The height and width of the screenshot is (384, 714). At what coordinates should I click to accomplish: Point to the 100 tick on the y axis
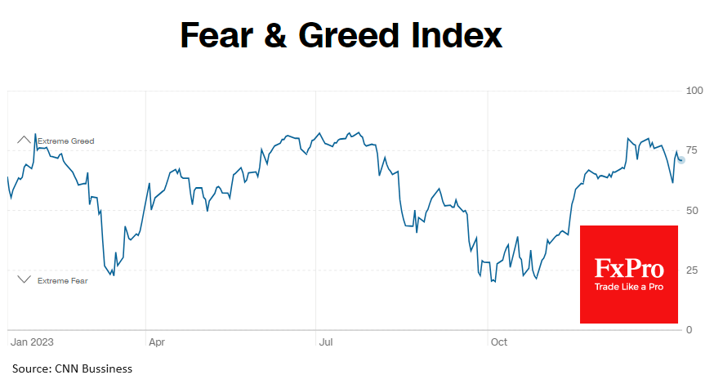pos(694,90)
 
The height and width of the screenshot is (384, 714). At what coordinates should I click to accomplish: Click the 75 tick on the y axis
pos(691,150)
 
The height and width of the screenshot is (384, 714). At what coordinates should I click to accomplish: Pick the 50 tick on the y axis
pos(691,210)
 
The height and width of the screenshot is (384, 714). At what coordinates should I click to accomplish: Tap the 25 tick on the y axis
pos(691,270)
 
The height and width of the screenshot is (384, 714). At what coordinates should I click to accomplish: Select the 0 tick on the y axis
pos(688,330)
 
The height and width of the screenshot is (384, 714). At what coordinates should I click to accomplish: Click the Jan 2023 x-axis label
pos(31,342)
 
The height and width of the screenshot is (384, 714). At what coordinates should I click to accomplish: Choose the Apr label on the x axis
pos(155,342)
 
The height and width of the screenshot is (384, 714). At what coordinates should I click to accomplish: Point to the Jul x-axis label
pos(324,342)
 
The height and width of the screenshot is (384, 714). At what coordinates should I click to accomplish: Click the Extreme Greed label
pos(65,141)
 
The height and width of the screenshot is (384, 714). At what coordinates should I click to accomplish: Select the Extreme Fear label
pos(62,281)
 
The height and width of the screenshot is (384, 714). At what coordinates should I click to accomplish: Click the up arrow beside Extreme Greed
pos(24,141)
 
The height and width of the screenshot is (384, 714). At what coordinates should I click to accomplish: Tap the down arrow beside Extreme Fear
pos(24,279)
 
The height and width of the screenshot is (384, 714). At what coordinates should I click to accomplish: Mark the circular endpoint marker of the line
pos(681,159)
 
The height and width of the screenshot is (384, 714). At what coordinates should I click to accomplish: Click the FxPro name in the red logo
pos(629,268)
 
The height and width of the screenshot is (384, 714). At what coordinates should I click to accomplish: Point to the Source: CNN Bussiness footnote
pos(72,368)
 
